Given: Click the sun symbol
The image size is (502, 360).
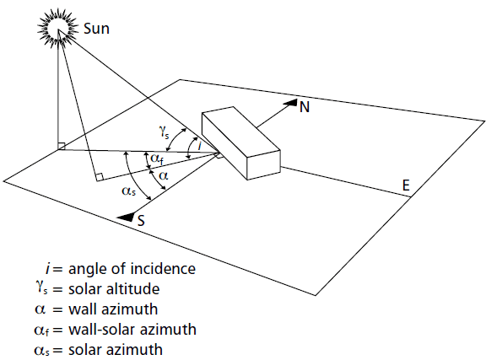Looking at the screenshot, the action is tap(58, 28).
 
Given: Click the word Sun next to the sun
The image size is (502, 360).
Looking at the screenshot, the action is tap(96, 29).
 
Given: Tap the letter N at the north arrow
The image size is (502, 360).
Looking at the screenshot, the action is tap(305, 107).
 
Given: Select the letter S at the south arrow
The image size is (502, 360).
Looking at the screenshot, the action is tap(141, 221).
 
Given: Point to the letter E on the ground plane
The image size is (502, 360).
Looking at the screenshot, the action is tap(406, 185).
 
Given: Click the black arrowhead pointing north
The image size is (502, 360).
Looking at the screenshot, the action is tap(290, 103).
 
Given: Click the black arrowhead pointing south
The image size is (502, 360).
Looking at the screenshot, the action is tap(125, 217).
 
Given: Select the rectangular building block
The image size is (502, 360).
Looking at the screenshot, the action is tap(241, 142).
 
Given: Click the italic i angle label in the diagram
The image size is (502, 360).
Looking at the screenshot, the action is tap(199, 146).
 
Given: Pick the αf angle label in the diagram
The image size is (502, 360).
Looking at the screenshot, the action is tap(157, 159).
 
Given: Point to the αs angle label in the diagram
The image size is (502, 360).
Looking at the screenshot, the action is tap(129, 191).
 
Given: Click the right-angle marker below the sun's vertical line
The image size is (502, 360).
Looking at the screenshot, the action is tap(62, 146).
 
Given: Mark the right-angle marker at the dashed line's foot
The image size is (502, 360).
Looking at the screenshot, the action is tap(100, 177).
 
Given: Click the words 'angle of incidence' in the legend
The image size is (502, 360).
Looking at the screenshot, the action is tap(132, 268).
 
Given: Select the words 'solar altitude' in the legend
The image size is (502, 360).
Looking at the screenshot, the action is tap(114, 289).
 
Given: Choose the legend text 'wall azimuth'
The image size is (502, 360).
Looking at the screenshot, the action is tap(113, 309).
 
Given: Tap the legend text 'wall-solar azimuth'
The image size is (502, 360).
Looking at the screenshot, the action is tap(132, 330).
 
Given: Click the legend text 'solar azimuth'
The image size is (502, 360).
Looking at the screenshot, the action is tap(116, 350).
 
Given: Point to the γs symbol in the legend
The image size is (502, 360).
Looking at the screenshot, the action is tap(41, 287).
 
